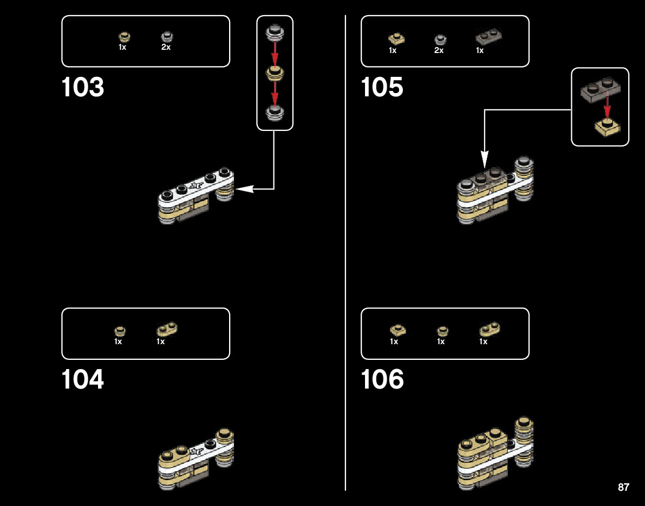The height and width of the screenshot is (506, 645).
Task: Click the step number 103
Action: (83, 88)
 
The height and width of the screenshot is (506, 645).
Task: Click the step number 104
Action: (83, 380)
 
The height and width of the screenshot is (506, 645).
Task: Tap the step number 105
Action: (382, 88)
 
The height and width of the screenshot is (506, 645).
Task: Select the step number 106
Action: (382, 380)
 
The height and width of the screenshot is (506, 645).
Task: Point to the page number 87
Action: (623, 488)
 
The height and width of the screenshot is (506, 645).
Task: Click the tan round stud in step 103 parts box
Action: (125, 37)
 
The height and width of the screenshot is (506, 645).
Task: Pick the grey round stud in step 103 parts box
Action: (166, 37)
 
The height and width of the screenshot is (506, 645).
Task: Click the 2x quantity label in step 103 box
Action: (166, 48)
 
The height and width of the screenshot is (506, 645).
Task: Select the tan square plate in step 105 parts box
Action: (396, 38)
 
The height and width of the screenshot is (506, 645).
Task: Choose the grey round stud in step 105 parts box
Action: (439, 38)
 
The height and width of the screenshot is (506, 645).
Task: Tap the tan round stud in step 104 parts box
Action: (120, 331)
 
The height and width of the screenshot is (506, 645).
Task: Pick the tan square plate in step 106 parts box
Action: (398, 329)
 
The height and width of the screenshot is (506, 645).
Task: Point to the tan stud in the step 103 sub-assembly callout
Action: (275, 73)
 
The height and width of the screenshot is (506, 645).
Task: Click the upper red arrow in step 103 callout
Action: (275, 53)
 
